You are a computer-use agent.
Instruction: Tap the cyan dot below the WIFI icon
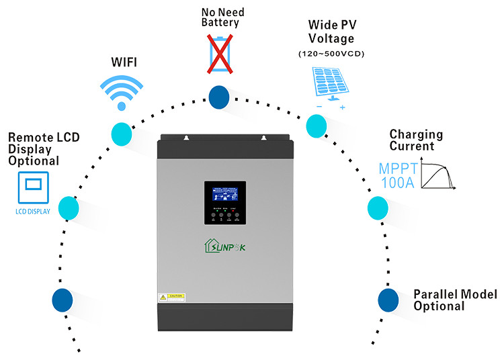tap(122, 132)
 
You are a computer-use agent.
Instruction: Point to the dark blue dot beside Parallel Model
tap(389, 299)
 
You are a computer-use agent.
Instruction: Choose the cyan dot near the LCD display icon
tap(70, 208)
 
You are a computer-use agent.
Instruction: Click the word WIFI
tap(124, 62)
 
